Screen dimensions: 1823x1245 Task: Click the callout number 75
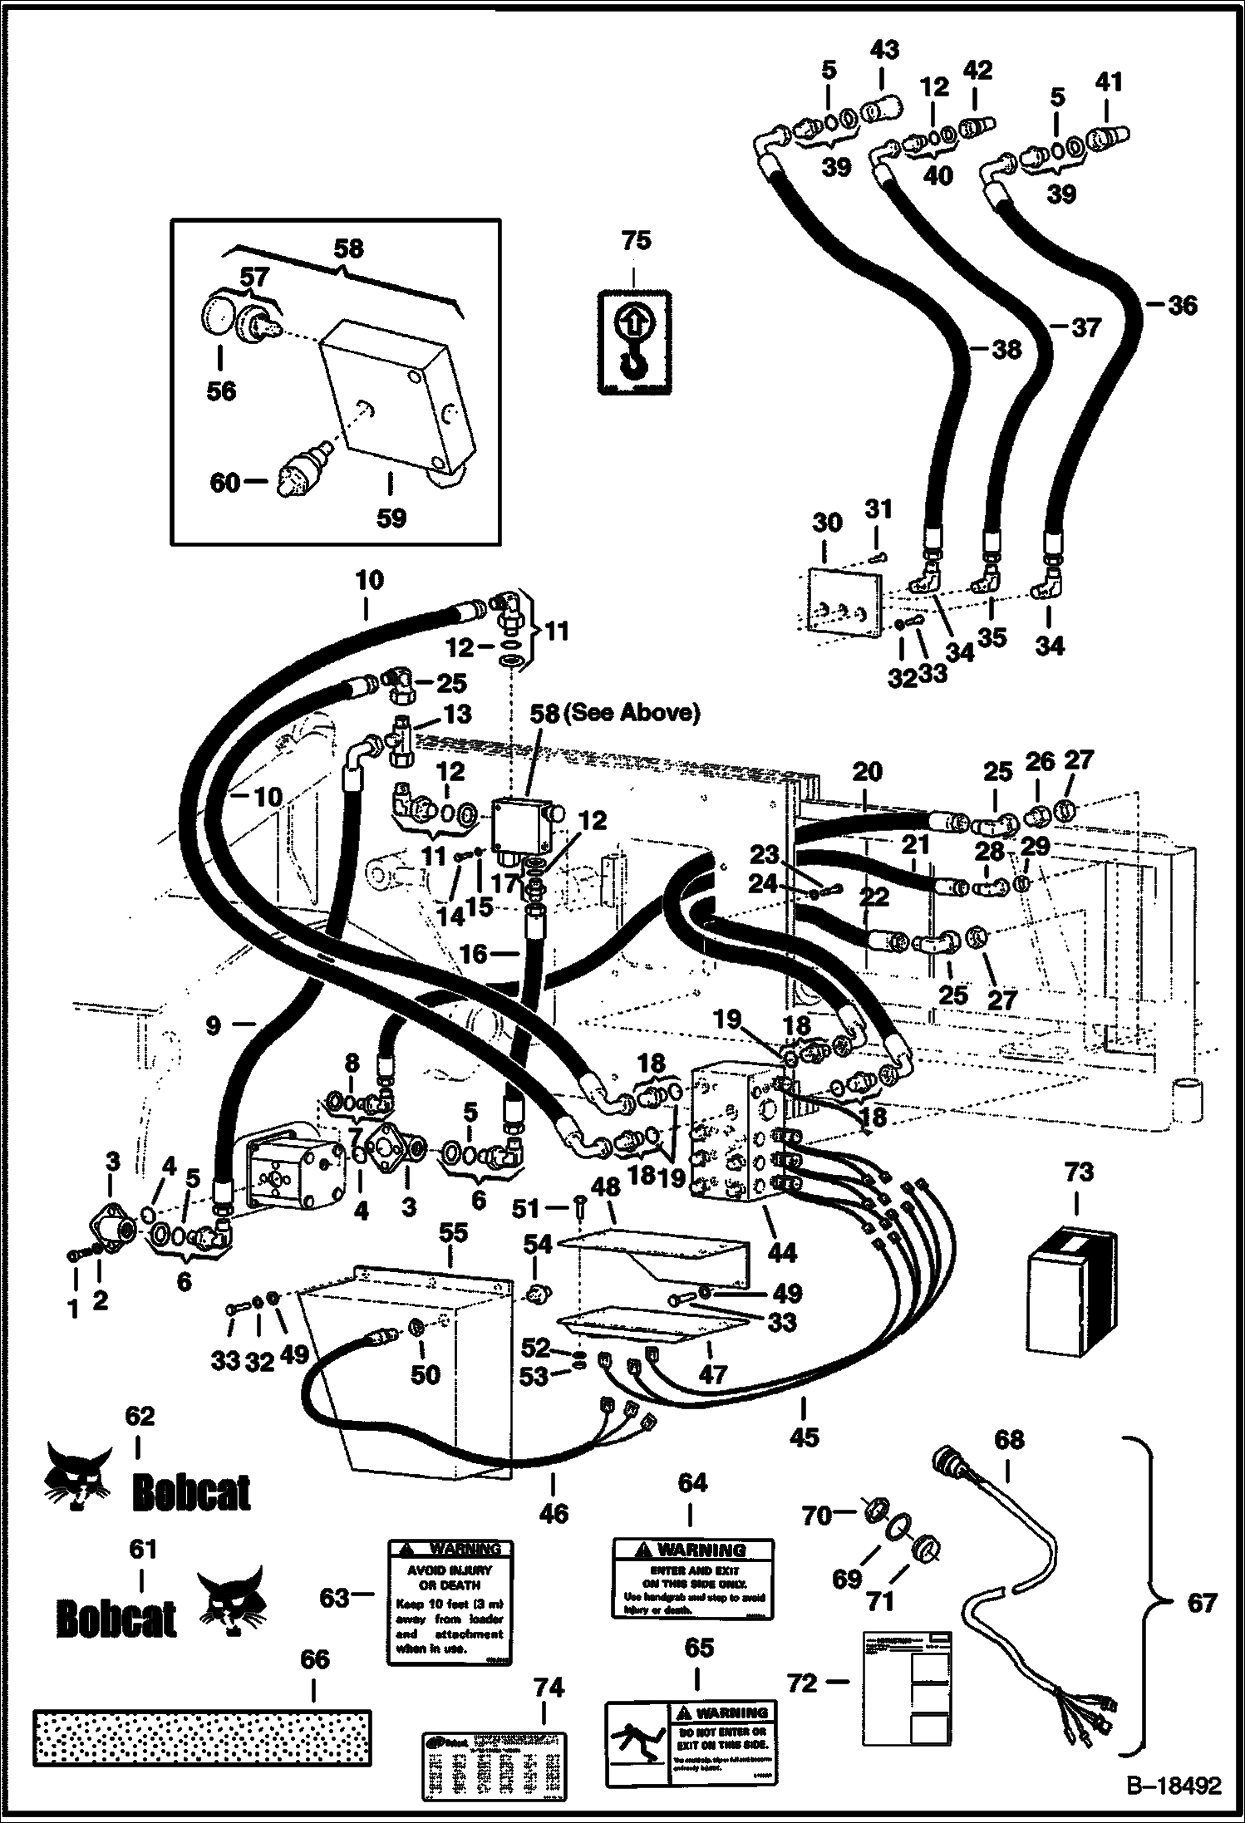tap(636, 241)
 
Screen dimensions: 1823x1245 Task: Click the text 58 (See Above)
tap(615, 713)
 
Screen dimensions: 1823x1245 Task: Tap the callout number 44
tap(783, 1251)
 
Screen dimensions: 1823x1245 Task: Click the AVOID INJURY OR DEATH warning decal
tap(450, 1602)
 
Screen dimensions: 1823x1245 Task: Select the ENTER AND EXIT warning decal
tap(693, 1579)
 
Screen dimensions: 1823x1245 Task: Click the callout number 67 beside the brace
tap(1202, 1602)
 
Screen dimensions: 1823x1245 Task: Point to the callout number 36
tap(1182, 305)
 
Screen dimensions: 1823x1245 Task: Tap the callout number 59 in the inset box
tap(391, 517)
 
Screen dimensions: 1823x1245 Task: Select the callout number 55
tap(454, 1234)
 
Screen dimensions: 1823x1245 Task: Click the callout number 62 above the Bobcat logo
tap(140, 1416)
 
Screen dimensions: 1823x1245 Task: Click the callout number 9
tap(214, 1025)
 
